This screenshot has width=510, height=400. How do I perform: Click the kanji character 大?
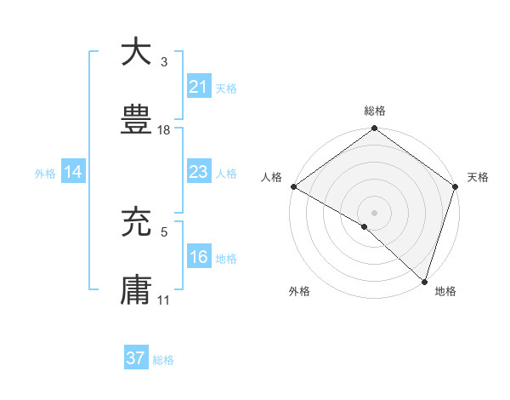137,52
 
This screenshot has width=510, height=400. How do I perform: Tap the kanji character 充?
137,222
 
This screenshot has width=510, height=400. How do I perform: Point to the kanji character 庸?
137,290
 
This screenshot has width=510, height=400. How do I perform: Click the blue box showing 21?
198,87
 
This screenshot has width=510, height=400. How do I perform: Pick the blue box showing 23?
198,173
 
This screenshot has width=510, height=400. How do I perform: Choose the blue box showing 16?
198,258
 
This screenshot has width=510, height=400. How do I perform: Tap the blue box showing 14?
73,173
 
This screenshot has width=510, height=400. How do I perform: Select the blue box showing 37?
136,358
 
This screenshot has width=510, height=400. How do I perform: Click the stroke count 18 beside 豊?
164,130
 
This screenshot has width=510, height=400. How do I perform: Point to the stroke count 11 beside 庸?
164,300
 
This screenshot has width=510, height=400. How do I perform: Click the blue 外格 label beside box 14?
45,174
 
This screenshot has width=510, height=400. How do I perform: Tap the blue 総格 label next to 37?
163,360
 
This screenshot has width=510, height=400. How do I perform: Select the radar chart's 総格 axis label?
374,111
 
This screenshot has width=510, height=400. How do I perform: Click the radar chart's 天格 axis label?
478,177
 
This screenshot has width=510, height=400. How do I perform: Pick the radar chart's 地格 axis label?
445,291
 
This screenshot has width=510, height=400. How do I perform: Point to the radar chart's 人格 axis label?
271,177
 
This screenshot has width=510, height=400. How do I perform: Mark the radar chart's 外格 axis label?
299,291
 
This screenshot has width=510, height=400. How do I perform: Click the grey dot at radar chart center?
374,212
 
